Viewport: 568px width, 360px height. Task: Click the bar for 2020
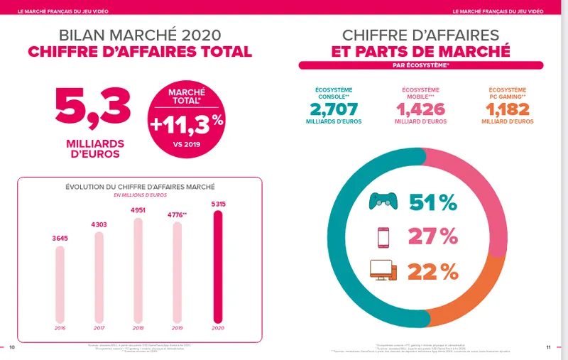click(x=219, y=266)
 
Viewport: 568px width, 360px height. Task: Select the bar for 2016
click(x=60, y=284)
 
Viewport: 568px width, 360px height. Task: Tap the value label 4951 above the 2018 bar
click(x=138, y=210)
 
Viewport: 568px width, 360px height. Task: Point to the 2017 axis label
click(x=99, y=327)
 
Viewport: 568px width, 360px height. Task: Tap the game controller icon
click(x=383, y=202)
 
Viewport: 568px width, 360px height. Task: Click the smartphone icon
click(x=383, y=236)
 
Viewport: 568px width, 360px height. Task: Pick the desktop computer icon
click(x=383, y=270)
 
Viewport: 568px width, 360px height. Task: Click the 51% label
click(x=432, y=203)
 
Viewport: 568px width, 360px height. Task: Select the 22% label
click(x=432, y=271)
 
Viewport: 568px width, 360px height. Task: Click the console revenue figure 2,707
click(x=333, y=109)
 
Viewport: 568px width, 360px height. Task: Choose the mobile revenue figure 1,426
click(x=420, y=109)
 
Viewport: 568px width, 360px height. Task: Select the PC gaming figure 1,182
click(x=507, y=109)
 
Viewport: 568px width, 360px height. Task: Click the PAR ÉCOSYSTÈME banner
click(x=420, y=65)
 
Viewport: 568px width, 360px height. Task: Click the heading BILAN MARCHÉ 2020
click(x=140, y=35)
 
